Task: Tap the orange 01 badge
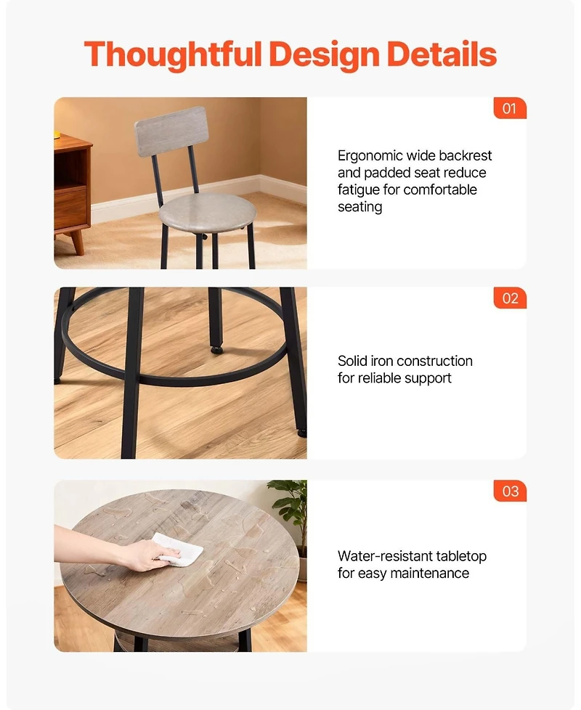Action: click(x=509, y=108)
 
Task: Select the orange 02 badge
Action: click(x=510, y=298)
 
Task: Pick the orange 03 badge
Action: click(x=510, y=491)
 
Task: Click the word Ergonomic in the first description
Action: click(x=368, y=156)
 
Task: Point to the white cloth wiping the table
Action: click(x=179, y=550)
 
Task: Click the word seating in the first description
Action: click(x=359, y=207)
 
